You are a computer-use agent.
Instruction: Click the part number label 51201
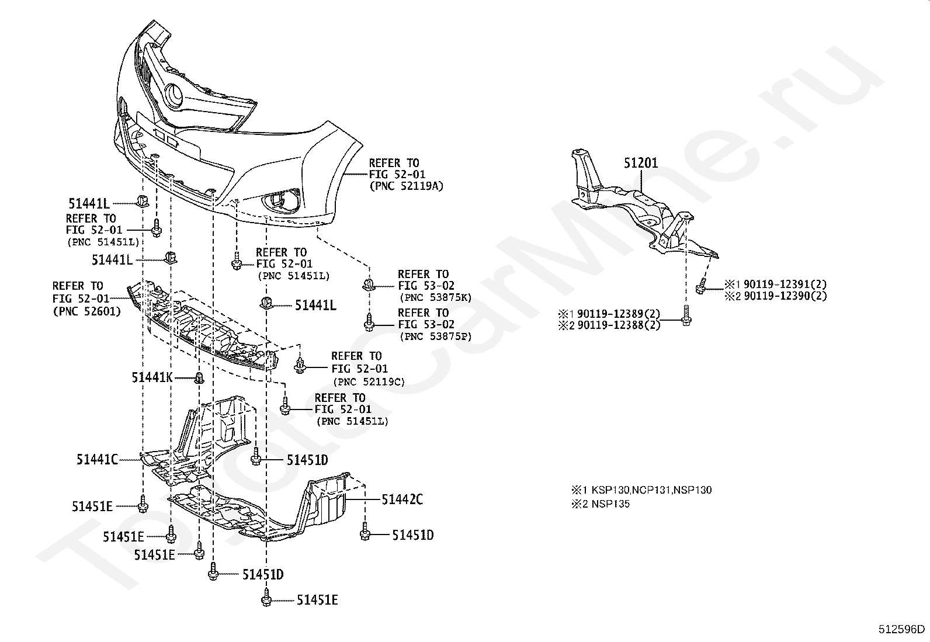tap(641, 163)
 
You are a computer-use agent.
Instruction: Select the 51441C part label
tap(97, 459)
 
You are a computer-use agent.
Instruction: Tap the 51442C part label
tap(402, 499)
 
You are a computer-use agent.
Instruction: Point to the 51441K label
tap(152, 377)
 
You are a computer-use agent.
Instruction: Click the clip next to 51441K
tap(200, 378)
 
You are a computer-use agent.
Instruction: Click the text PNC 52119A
tap(406, 186)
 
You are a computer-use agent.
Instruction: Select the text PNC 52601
tap(86, 311)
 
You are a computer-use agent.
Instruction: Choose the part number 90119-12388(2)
tap(619, 325)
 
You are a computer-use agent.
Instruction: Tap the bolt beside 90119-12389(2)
tap(686, 315)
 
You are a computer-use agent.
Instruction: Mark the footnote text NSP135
tap(610, 504)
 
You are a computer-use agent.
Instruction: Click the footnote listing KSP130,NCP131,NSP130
tap(651, 490)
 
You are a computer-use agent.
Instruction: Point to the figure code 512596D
tap(901, 630)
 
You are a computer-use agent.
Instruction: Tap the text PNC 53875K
tap(436, 298)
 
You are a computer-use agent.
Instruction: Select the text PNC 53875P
tap(436, 336)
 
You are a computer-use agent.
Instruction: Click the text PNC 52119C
tap(369, 381)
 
